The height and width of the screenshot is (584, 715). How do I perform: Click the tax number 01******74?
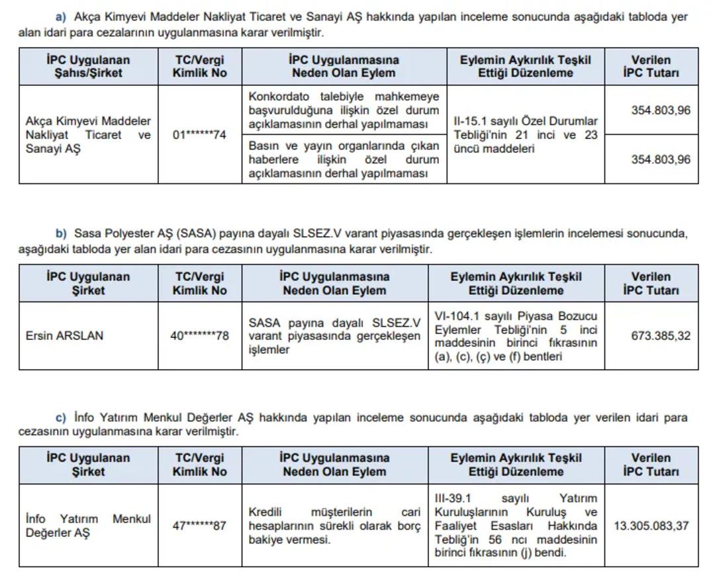click(200, 135)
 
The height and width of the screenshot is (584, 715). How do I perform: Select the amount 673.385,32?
click(660, 336)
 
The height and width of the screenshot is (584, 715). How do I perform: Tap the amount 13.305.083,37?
click(651, 526)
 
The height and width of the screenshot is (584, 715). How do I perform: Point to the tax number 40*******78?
click(200, 336)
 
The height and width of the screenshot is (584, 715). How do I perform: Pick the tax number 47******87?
click(200, 526)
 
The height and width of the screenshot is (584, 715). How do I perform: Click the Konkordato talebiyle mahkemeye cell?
click(344, 110)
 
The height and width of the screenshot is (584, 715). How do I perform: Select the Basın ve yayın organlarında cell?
click(344, 159)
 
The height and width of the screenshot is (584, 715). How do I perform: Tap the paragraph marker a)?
click(61, 17)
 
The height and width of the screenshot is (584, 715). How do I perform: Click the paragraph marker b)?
click(61, 233)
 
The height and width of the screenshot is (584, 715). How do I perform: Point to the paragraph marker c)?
click(61, 418)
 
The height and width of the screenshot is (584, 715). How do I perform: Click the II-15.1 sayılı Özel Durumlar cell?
click(525, 135)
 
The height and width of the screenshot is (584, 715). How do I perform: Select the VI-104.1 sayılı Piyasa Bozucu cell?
click(516, 336)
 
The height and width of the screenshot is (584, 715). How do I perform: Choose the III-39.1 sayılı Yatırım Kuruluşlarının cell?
click(516, 526)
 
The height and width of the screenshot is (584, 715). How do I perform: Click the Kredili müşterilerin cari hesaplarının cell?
click(334, 526)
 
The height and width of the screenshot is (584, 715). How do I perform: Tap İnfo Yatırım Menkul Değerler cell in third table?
click(88, 526)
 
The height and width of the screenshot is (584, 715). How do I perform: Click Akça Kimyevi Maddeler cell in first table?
click(88, 135)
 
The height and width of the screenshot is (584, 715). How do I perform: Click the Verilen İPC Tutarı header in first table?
click(651, 66)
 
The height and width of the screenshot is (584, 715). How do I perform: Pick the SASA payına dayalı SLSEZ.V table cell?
click(334, 336)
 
